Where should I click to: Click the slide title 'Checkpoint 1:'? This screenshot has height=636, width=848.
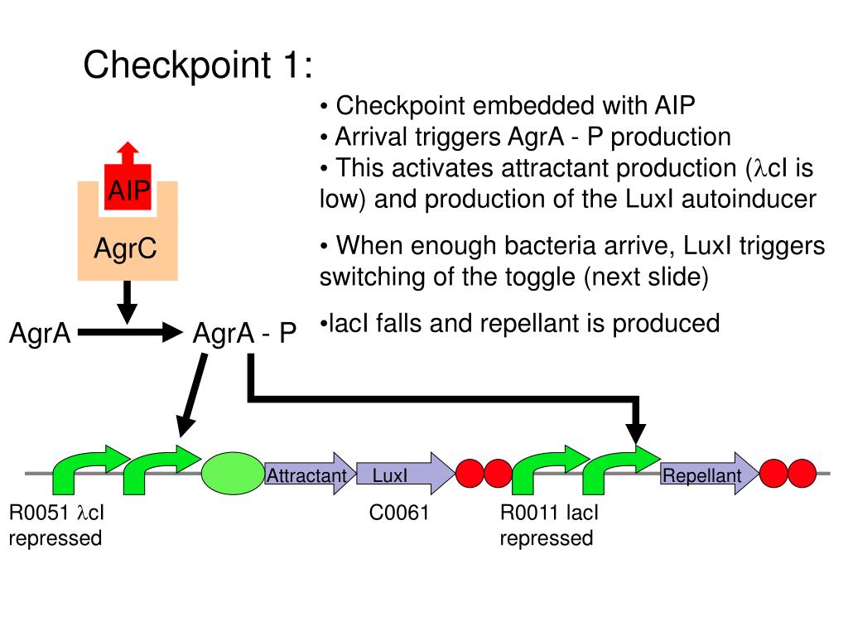pyautogui.click(x=198, y=65)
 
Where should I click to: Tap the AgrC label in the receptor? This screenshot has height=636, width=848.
pyautogui.click(x=125, y=248)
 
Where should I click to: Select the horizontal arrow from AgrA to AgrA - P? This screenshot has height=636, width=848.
pyautogui.click(x=129, y=334)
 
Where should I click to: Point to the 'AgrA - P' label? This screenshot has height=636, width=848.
pyautogui.click(x=244, y=334)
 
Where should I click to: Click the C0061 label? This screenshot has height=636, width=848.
pyautogui.click(x=399, y=513)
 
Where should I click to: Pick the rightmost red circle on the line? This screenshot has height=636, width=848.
pyautogui.click(x=802, y=474)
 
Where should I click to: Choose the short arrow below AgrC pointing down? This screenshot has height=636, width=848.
pyautogui.click(x=127, y=302)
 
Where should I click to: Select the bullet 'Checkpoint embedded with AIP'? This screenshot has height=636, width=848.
pyautogui.click(x=507, y=106)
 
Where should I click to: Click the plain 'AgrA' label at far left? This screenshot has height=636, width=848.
pyautogui.click(x=40, y=334)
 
